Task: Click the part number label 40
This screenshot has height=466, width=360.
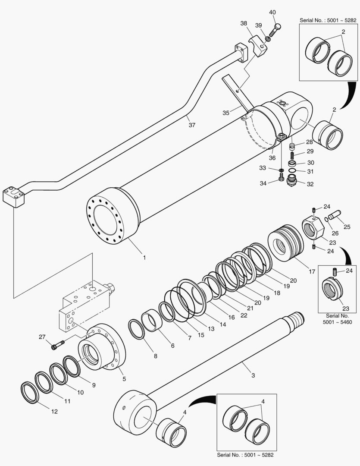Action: [x=272, y=12]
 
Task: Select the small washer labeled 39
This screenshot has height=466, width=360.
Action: [x=267, y=39]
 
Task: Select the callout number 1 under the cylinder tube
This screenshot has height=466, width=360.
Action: [x=144, y=258]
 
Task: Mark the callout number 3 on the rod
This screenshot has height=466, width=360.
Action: [x=253, y=375]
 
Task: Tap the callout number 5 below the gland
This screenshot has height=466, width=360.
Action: [x=124, y=379]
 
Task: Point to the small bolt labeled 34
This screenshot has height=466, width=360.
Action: [x=282, y=177]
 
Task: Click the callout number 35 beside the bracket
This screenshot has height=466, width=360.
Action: [x=226, y=113]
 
